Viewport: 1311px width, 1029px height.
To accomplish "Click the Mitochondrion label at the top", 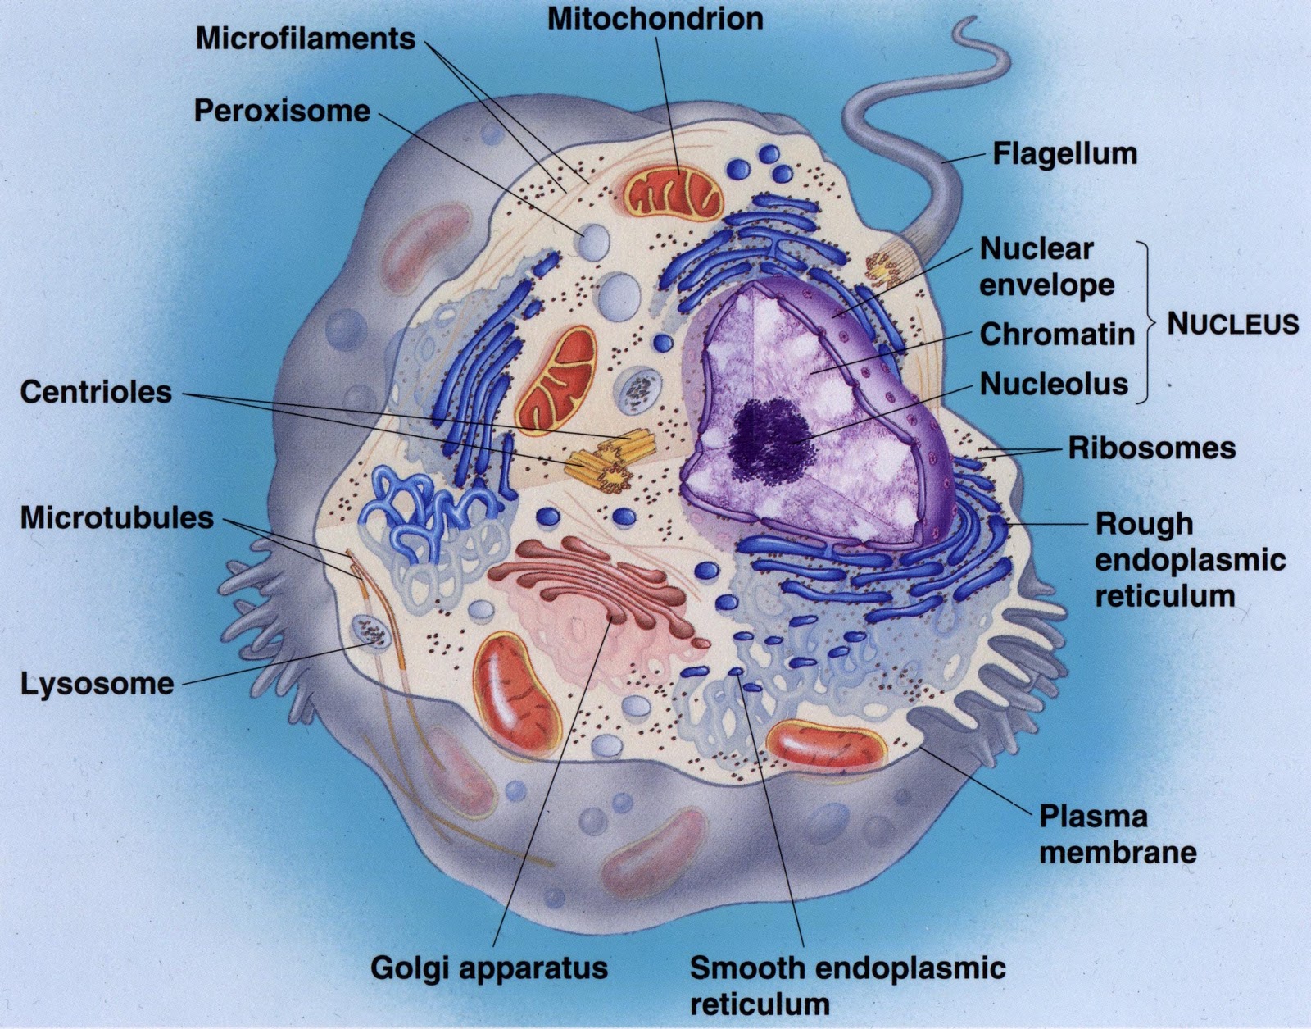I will coord(655,20).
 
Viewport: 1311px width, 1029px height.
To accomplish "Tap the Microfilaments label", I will coord(305,39).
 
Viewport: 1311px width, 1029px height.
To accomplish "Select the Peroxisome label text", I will coord(282,112).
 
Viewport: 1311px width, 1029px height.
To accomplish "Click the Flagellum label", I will coord(1064,153).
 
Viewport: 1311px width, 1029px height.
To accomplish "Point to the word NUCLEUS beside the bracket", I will coord(1232,324).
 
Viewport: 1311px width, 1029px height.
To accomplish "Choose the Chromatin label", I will coord(1057,335).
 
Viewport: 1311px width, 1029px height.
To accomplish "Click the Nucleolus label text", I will coord(1054,384).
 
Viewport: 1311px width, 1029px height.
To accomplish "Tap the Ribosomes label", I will coord(1151,448).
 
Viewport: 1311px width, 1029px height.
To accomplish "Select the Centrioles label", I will coord(96,392).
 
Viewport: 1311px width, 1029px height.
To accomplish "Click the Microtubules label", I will coord(116,518).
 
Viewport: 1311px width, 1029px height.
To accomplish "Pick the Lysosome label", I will coord(97,684).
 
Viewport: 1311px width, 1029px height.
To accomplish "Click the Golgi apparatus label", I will coord(488,968).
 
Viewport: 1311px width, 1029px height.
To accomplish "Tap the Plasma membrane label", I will coord(1117,834).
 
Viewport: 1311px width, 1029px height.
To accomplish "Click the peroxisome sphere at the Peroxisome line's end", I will coord(595,243).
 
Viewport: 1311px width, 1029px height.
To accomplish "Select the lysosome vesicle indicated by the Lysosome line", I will coord(370,632).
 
